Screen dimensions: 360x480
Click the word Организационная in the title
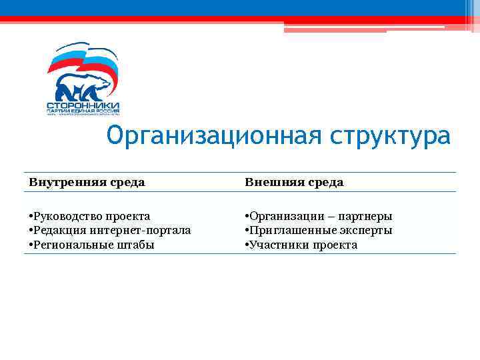214,137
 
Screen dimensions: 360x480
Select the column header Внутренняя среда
87,182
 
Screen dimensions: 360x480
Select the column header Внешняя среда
294,182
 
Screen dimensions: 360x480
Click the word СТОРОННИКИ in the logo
83,105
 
